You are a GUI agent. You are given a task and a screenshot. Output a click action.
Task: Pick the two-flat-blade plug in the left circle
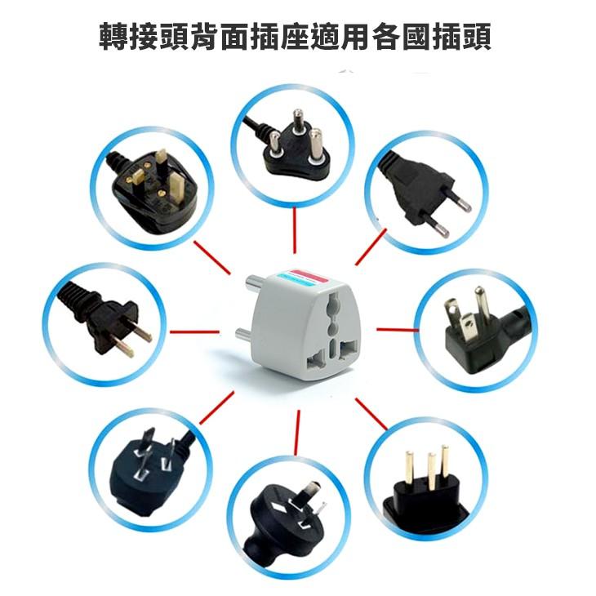(100, 318)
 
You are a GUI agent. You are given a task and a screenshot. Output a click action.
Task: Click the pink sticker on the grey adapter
(309, 277)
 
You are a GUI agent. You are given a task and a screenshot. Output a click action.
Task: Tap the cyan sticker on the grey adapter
(298, 282)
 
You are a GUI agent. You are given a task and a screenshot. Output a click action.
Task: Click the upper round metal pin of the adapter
(254, 282)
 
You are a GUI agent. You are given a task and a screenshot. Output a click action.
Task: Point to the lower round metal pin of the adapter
(243, 335)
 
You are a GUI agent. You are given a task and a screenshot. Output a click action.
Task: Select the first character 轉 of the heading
(113, 36)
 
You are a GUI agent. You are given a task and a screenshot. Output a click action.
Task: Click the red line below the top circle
(295, 230)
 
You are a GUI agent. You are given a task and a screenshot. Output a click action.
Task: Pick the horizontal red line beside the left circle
(194, 331)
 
